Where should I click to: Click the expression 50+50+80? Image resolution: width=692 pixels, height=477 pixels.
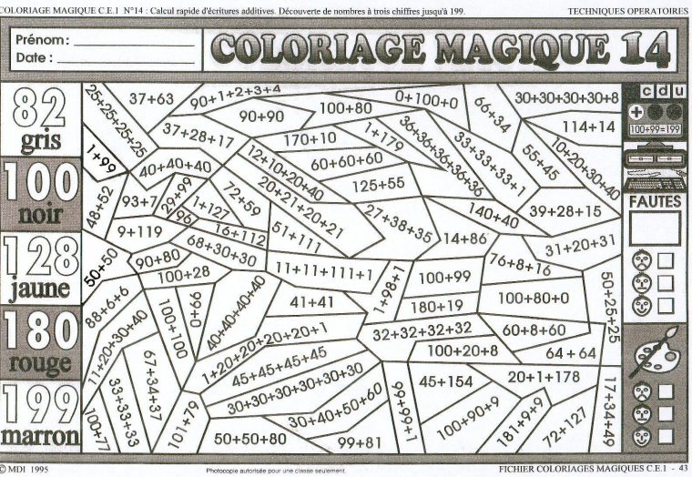[x=249, y=439]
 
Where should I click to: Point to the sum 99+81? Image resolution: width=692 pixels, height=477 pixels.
[x=360, y=442]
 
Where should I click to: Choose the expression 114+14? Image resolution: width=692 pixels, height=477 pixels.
[x=588, y=126]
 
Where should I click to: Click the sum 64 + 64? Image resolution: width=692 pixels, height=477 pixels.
[x=571, y=352]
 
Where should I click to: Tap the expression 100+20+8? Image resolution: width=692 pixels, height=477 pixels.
[x=463, y=350]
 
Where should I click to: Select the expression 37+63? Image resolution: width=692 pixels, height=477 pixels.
[x=151, y=98]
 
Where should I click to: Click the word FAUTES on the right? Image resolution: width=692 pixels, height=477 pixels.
[x=655, y=199]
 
